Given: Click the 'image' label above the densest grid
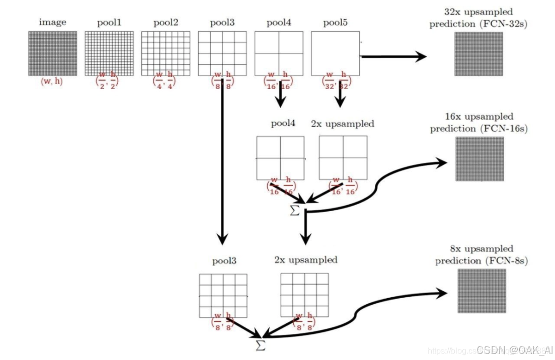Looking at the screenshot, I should pyautogui.click(x=52, y=23).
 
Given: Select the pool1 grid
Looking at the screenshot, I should pyautogui.click(x=109, y=53).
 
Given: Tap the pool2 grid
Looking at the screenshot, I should pyautogui.click(x=166, y=53).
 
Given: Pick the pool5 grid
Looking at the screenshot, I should pyautogui.click(x=335, y=53).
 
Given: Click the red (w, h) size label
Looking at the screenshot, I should pyautogui.click(x=52, y=81).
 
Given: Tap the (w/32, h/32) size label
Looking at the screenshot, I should pyautogui.click(x=336, y=82).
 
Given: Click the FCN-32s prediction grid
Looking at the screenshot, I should pyautogui.click(x=479, y=54).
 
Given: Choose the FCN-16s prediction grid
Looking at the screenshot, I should pyautogui.click(x=479, y=158).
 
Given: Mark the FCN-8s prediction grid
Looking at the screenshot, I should pyautogui.click(x=482, y=291).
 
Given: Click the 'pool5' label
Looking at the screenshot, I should pyautogui.click(x=336, y=23).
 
